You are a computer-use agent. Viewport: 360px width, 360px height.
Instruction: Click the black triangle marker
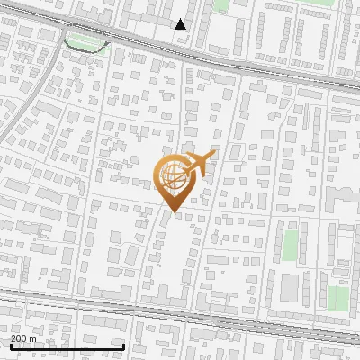point(181,24)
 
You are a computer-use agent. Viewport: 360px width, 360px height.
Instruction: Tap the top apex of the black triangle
point(181,19)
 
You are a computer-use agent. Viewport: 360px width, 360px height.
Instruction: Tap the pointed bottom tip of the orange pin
point(171,211)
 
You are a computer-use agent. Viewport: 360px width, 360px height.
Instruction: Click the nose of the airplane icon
point(211,155)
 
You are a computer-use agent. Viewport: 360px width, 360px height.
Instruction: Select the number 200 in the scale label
point(18,338)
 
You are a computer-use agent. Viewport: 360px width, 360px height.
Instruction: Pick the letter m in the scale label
point(32,338)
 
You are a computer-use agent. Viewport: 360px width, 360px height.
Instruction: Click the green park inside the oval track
point(85,41)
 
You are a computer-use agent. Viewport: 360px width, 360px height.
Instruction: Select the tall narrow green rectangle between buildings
point(291,245)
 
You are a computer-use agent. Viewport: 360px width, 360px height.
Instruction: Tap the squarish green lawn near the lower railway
point(337,298)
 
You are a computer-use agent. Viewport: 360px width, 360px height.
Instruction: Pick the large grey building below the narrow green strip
point(290,286)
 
